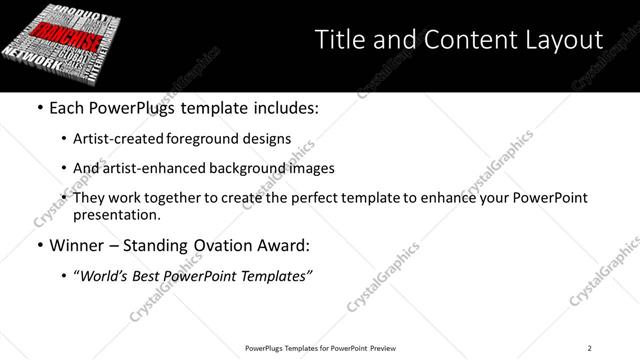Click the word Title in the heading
tap(338, 41)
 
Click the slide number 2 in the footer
tap(590, 347)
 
